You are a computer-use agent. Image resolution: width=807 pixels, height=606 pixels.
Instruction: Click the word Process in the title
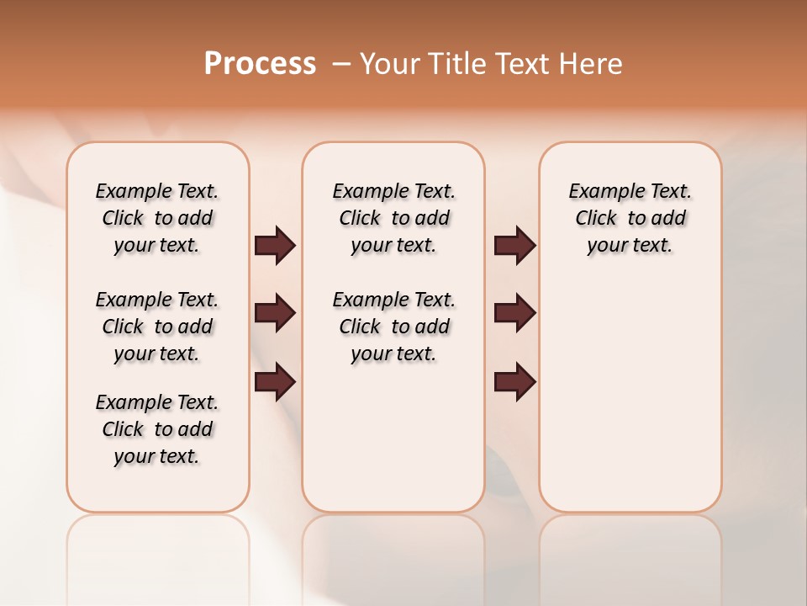click(x=260, y=63)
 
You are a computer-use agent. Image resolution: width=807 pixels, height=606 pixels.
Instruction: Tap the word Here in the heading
click(x=591, y=64)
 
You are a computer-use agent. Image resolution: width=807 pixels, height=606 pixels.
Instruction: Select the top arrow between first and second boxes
click(x=275, y=246)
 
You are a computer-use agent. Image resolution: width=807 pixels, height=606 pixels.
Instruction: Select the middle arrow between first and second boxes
click(x=275, y=314)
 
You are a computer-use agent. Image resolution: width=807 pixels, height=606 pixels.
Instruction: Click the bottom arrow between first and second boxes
click(x=275, y=382)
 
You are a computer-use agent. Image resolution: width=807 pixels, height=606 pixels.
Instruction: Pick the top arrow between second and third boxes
click(x=514, y=246)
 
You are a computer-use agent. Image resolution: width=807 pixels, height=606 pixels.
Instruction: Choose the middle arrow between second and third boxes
click(x=514, y=314)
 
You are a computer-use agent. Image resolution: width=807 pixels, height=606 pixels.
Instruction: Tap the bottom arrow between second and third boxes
click(x=514, y=382)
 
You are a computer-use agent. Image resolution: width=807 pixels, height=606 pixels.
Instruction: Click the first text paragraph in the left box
click(x=157, y=218)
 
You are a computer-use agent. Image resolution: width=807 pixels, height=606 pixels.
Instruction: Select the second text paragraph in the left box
click(x=157, y=327)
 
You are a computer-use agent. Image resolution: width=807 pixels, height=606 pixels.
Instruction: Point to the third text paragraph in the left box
click(x=157, y=429)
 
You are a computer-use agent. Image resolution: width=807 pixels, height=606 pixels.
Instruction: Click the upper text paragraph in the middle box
click(x=394, y=218)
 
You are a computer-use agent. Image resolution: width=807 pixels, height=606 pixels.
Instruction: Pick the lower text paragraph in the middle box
click(x=394, y=327)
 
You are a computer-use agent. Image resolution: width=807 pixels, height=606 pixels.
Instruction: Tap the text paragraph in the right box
click(x=630, y=218)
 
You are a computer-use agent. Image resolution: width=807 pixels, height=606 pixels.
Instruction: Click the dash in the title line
click(x=341, y=64)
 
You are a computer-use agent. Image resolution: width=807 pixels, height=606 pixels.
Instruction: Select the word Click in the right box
click(x=596, y=219)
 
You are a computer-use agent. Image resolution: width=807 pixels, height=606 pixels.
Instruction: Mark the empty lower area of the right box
click(x=630, y=396)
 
